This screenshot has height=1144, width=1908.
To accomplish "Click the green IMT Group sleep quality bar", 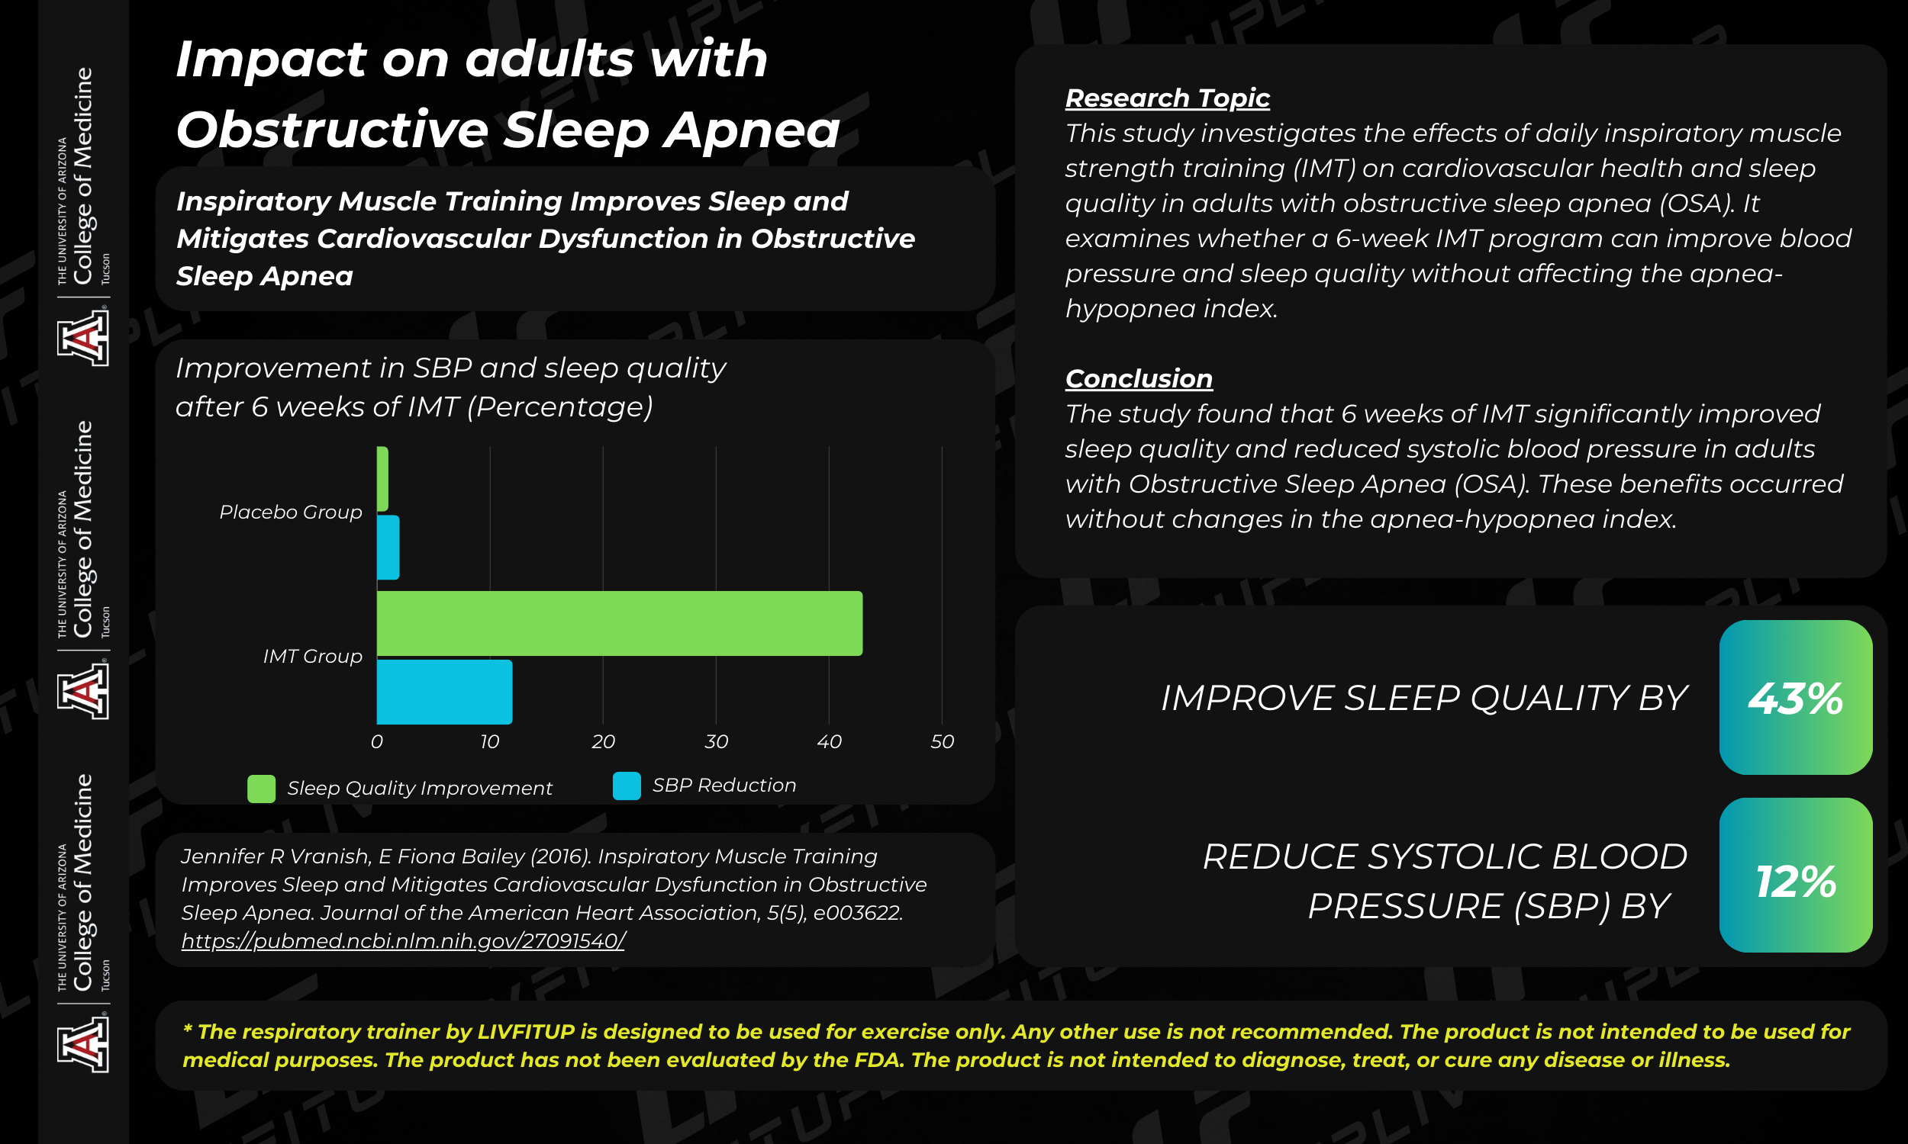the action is [x=619, y=623].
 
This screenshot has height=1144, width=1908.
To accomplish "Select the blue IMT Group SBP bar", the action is [x=444, y=692].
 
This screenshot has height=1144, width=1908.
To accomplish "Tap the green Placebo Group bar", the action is [x=382, y=479].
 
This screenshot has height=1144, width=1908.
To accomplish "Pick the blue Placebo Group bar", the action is [x=388, y=548].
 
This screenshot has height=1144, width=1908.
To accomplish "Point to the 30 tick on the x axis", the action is [x=716, y=741].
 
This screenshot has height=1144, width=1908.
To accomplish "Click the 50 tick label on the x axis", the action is [x=942, y=741].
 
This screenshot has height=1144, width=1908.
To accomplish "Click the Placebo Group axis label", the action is [x=291, y=513].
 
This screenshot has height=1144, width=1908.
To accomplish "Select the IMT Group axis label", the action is [x=312, y=656].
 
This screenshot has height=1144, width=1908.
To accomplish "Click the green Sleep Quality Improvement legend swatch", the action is [x=262, y=789].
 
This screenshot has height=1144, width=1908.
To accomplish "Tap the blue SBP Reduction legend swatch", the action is [x=627, y=786].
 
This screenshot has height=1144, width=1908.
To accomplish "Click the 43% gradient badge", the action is [x=1795, y=697].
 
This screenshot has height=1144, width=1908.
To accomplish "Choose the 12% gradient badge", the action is [x=1795, y=875].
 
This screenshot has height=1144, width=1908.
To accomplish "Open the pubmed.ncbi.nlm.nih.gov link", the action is [x=403, y=940].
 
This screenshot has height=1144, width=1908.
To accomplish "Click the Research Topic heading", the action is [x=1167, y=98].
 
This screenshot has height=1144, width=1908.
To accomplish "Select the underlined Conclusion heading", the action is [x=1139, y=378].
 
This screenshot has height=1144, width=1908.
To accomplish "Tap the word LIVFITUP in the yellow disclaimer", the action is [x=526, y=1031].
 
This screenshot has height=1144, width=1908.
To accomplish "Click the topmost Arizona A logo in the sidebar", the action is [x=82, y=336].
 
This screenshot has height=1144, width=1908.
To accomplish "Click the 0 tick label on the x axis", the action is [x=376, y=741].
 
